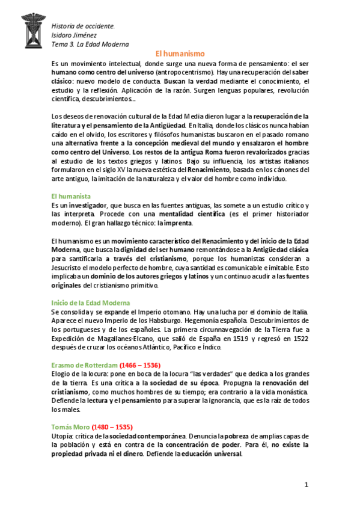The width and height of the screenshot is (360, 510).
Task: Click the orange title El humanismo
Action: [180, 53]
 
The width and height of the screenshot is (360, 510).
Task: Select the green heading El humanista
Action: [71, 196]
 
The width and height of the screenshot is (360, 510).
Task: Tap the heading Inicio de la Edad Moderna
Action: [90, 303]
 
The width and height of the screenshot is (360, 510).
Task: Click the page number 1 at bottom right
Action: [306, 485]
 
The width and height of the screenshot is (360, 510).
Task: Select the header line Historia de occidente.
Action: [83, 26]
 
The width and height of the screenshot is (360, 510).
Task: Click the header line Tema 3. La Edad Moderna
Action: [90, 44]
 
